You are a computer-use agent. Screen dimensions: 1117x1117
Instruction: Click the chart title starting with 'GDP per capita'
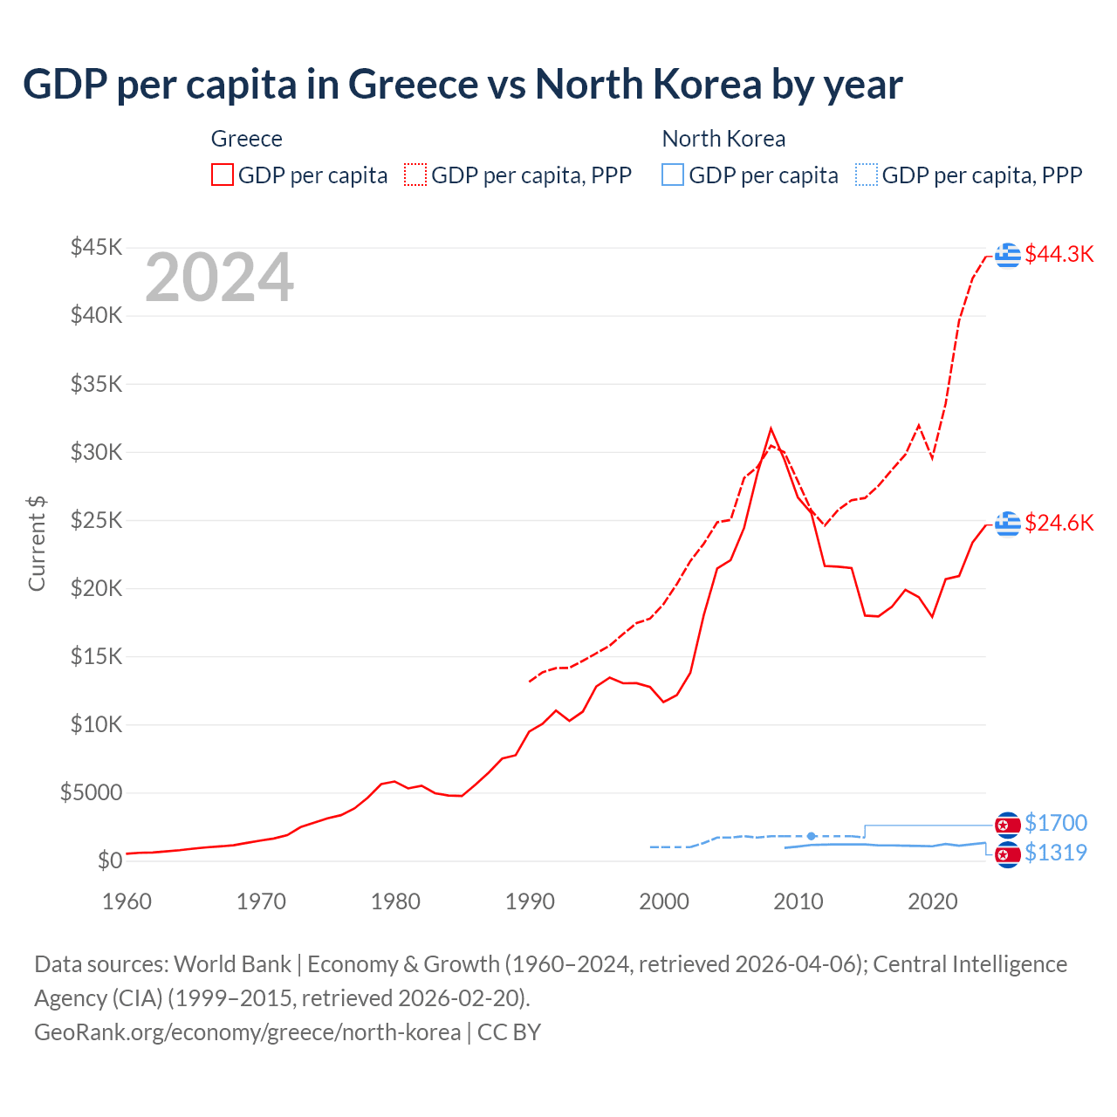463,85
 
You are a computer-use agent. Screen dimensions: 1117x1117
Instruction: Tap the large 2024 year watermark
219,278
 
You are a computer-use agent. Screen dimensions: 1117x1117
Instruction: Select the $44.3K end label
1059,254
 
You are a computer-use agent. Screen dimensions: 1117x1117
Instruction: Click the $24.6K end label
1059,523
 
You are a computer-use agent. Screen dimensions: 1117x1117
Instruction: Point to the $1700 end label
1056,823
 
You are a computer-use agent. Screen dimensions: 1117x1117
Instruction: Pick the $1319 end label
1056,853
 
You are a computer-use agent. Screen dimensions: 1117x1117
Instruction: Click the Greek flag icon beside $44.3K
1008,255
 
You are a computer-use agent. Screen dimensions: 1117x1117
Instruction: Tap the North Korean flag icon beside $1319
1008,854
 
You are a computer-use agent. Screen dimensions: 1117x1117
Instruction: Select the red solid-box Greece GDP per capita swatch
223,175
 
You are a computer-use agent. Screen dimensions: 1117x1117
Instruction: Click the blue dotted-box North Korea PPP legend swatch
867,175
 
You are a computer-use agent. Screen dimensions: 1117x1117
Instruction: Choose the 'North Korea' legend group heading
723,139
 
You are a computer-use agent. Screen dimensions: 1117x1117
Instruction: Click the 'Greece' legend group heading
247,139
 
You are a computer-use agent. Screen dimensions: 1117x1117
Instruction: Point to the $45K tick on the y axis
97,248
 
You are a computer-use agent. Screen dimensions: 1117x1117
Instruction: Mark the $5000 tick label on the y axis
91,793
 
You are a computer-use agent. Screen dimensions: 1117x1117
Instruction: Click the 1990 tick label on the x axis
530,901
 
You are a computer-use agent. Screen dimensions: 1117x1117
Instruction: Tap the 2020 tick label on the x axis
933,901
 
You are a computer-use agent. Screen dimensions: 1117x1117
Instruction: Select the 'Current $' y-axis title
37,543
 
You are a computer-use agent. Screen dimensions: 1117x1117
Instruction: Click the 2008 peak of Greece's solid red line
771,428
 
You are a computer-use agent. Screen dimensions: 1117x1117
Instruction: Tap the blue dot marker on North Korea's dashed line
812,836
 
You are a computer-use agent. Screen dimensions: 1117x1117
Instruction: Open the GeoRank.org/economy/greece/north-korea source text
247,1032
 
